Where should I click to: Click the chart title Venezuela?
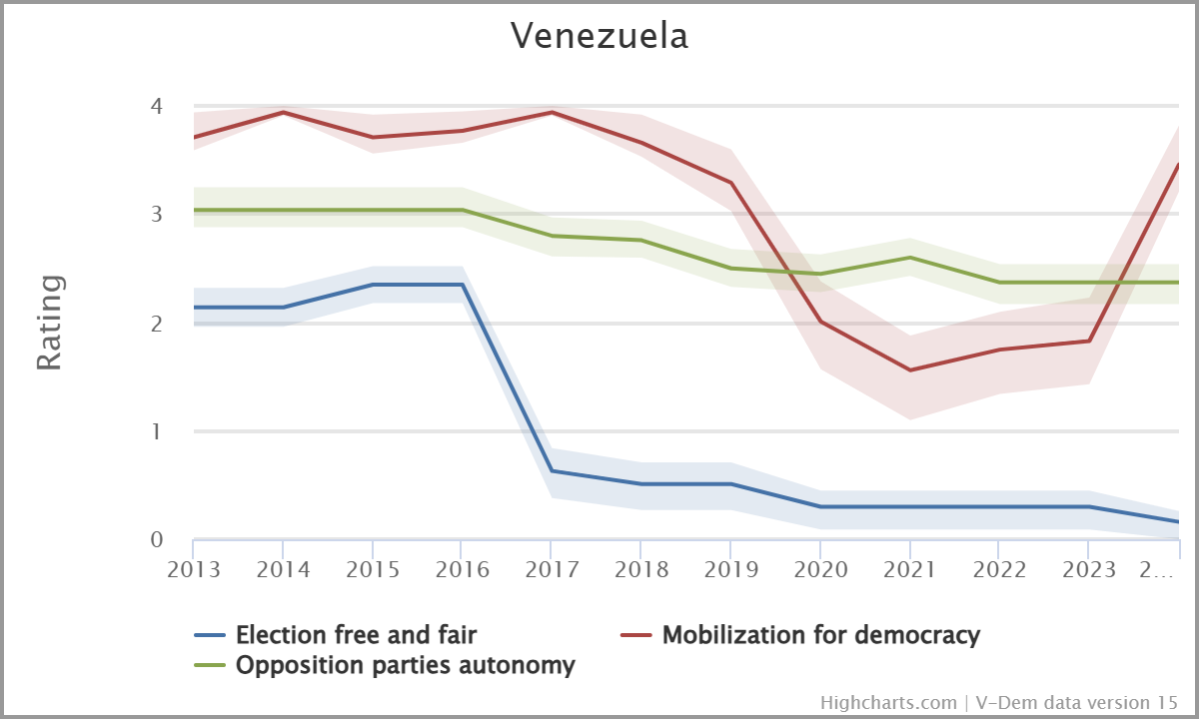click(599, 36)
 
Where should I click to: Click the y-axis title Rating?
click(50, 323)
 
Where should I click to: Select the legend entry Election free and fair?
click(356, 634)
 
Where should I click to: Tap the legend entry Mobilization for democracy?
click(820, 634)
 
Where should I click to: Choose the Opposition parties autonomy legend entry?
click(405, 665)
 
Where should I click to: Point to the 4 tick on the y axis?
click(156, 105)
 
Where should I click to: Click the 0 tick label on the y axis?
click(156, 540)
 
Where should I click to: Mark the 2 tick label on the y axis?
click(156, 323)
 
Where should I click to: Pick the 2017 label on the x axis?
click(551, 570)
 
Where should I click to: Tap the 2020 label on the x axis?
click(819, 570)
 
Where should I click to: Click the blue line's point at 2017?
click(551, 470)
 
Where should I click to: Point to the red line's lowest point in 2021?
click(909, 370)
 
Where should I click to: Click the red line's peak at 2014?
click(283, 112)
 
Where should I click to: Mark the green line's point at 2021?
click(909, 258)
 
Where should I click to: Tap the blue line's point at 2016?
click(462, 285)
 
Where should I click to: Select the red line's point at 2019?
click(730, 183)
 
